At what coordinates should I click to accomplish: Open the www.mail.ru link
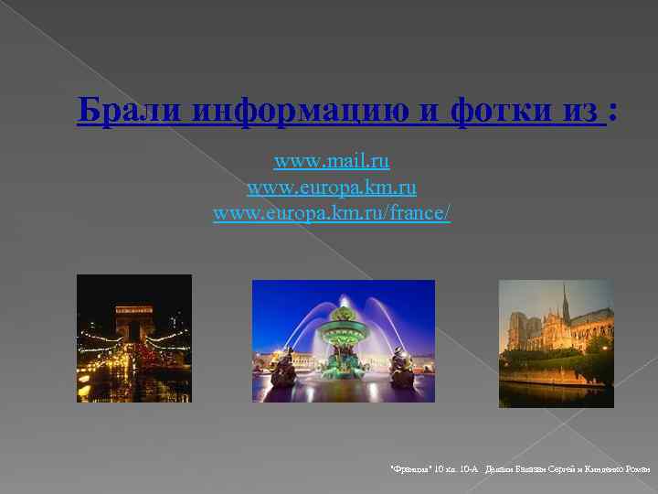click(x=332, y=162)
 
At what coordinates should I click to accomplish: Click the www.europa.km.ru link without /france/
click(x=332, y=188)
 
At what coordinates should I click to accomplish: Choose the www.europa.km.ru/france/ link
click(x=332, y=214)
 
